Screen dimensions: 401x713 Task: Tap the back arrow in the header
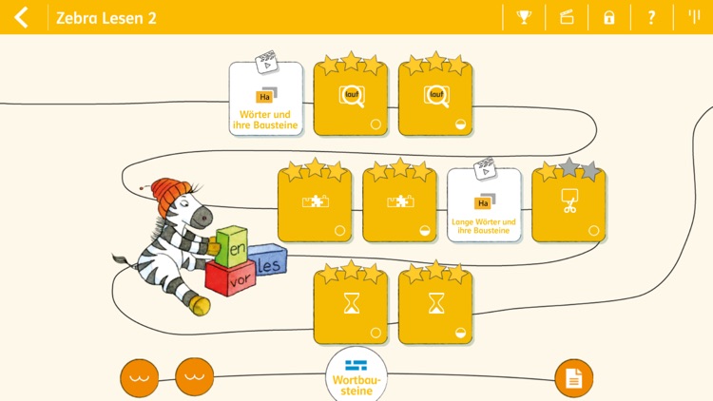click(21, 17)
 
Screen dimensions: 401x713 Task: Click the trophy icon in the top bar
click(523, 17)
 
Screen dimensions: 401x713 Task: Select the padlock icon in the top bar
click(608, 17)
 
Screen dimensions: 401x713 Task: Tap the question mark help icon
click(651, 17)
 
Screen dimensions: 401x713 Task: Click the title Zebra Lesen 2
click(106, 18)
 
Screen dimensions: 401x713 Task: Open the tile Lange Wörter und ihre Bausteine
click(484, 205)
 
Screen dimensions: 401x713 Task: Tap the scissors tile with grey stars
click(568, 205)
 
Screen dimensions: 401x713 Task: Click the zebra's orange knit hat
click(169, 196)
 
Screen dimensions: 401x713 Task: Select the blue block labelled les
click(270, 265)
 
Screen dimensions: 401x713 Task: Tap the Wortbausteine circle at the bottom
click(356, 375)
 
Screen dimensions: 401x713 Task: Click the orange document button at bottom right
click(573, 378)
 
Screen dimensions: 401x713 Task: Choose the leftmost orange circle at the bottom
click(140, 377)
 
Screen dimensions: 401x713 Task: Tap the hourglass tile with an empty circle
click(351, 306)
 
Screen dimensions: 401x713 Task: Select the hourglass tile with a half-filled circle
click(435, 306)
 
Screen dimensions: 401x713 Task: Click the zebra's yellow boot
click(199, 303)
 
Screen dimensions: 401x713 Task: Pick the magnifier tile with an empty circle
click(351, 100)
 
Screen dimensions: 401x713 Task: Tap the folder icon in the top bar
click(567, 17)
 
